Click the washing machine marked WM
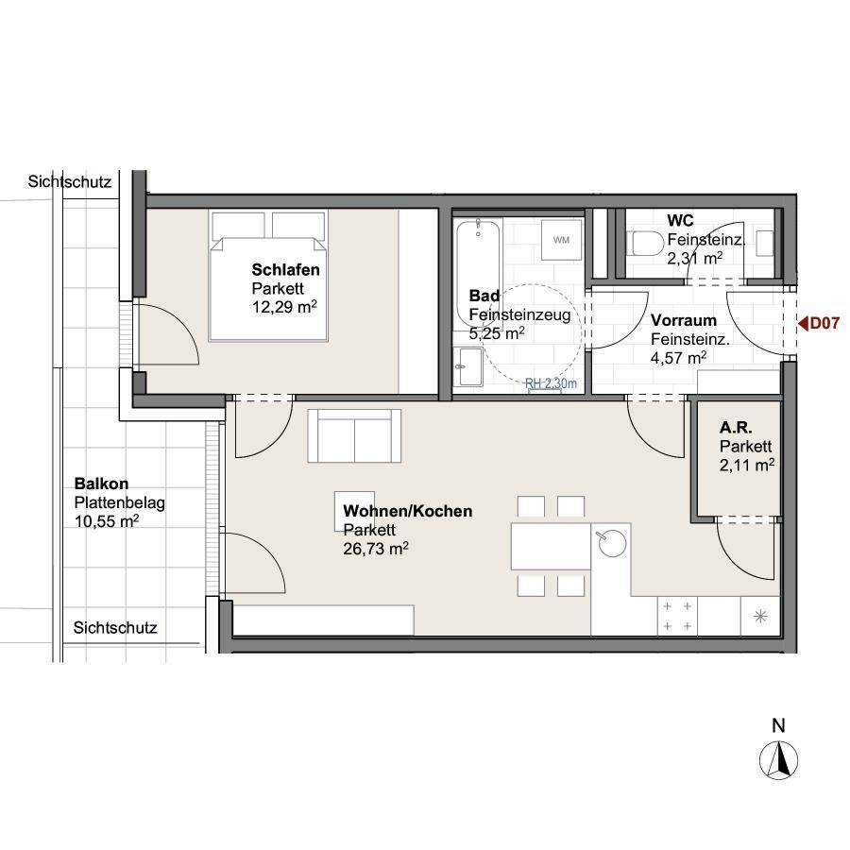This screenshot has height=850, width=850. [562, 240]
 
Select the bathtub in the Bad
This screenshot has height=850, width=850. [478, 272]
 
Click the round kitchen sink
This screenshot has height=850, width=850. [611, 543]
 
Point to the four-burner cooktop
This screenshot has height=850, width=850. [677, 616]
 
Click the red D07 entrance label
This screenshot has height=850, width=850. [819, 324]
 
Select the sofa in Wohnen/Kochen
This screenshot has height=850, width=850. [354, 435]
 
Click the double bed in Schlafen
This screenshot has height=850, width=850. [269, 276]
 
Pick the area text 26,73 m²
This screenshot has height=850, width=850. [376, 549]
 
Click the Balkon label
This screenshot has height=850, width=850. [101, 483]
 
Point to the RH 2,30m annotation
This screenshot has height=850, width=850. [551, 383]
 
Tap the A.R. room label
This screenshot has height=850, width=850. [736, 428]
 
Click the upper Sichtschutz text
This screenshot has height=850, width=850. [69, 181]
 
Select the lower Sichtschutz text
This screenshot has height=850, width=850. [115, 628]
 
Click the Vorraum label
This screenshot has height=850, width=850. [683, 320]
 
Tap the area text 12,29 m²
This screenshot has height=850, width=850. [284, 307]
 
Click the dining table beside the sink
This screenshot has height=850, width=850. [551, 546]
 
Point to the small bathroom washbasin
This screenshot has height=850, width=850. [467, 366]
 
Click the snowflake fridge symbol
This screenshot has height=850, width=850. [760, 616]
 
